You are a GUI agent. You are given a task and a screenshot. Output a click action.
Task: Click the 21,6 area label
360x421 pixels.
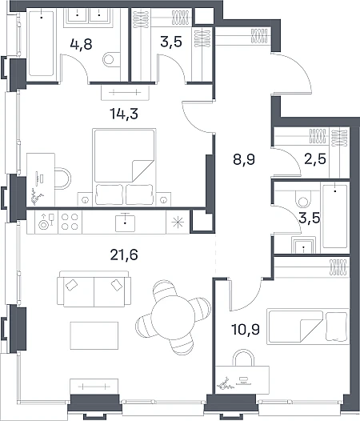click(124, 255)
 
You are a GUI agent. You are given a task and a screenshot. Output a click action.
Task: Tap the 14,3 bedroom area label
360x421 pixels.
click(124, 114)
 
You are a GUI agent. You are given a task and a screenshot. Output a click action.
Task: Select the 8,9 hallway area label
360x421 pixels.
click(244, 160)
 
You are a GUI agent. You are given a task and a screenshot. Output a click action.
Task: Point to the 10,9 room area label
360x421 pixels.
click(246, 329)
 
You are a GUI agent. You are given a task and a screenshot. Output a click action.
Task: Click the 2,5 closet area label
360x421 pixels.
click(315, 159)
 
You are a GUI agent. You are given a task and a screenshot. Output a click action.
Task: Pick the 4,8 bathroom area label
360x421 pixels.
click(81, 44)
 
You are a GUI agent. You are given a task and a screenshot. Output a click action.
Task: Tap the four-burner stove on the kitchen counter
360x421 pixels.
click(70, 222)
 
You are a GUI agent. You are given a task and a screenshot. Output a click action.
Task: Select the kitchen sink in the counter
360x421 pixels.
click(125, 223)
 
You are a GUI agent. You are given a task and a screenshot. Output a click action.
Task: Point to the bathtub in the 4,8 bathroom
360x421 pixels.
click(41, 43)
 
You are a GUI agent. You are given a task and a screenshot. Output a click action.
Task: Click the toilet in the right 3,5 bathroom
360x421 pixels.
click(303, 198)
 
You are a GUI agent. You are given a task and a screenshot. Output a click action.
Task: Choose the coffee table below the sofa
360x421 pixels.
click(94, 335)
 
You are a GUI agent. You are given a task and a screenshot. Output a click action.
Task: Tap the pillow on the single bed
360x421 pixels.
click(337, 327)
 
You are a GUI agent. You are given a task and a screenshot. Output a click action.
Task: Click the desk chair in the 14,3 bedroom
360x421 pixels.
click(63, 178)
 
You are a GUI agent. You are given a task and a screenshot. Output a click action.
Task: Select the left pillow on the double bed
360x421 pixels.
click(109, 195)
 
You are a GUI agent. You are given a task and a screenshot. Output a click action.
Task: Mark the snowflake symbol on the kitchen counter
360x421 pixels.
click(178, 222)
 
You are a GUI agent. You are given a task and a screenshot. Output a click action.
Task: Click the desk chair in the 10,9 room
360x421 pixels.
click(243, 358)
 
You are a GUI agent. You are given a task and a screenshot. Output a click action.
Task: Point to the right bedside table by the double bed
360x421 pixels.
click(163, 199)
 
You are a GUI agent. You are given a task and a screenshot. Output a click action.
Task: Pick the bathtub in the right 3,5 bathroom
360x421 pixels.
click(335, 216)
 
